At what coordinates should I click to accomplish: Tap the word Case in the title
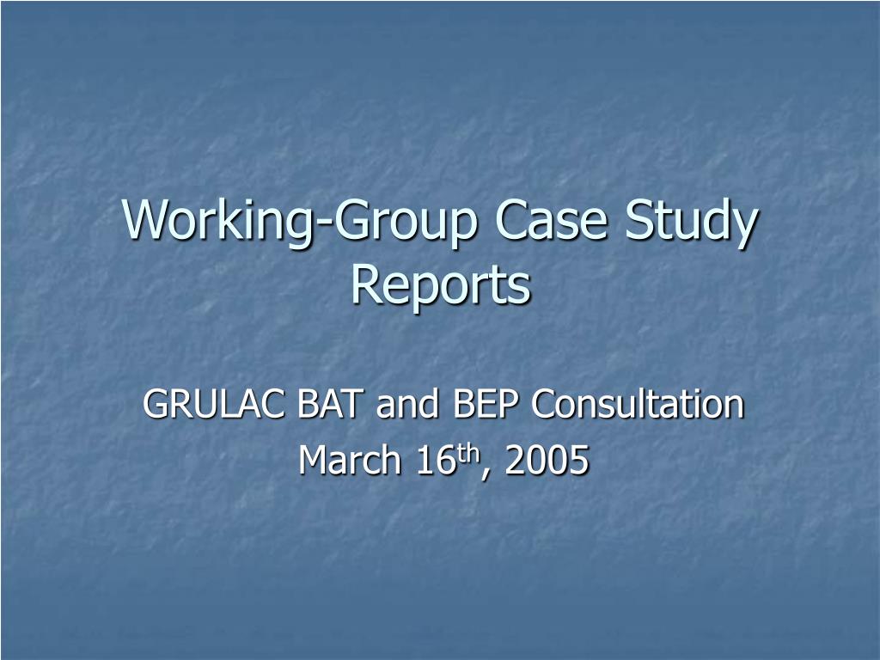[x=551, y=219]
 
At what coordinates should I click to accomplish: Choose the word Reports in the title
[x=441, y=284]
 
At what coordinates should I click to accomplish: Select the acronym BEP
[x=485, y=404]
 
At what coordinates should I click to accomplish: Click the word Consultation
[x=638, y=403]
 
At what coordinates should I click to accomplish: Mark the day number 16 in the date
[x=434, y=460]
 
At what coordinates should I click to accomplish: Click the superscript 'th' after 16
[x=467, y=452]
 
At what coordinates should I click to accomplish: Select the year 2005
[x=547, y=460]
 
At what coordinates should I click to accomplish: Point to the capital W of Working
[x=146, y=219]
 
